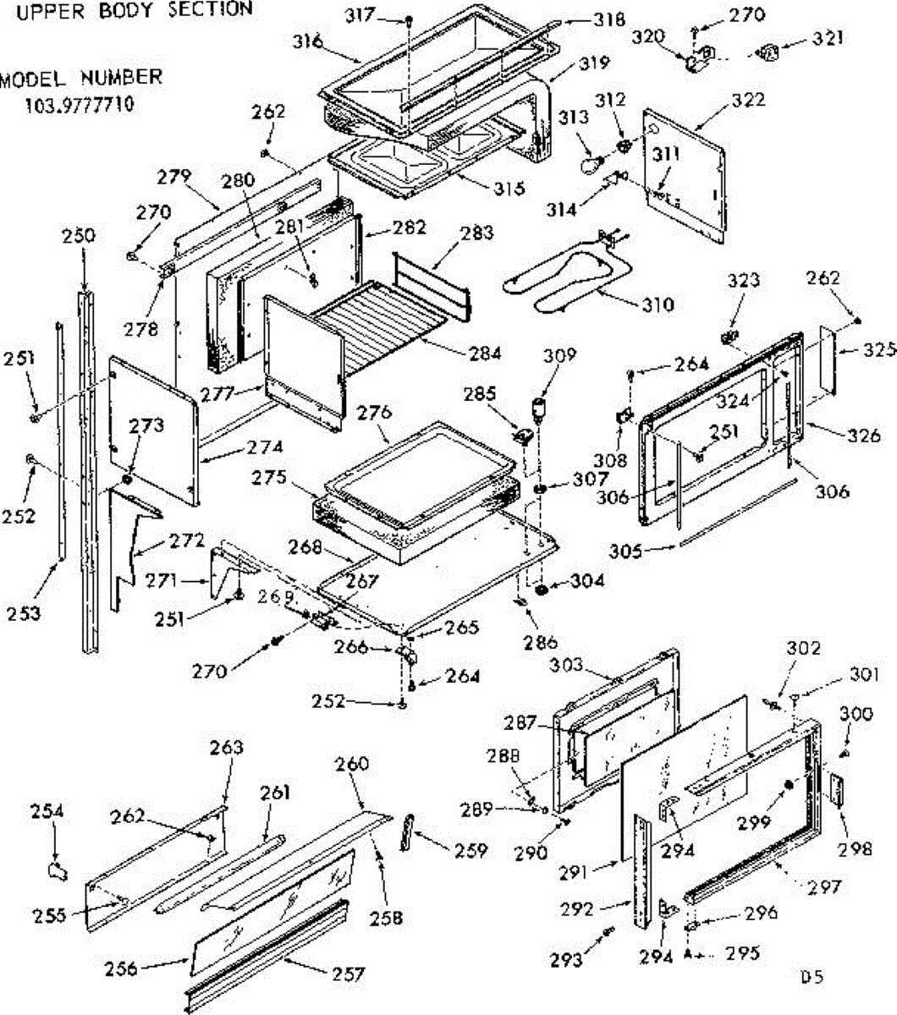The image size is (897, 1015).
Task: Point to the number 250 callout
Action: (79, 237)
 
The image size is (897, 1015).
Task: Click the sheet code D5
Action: (812, 976)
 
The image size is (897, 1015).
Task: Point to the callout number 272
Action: (187, 540)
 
